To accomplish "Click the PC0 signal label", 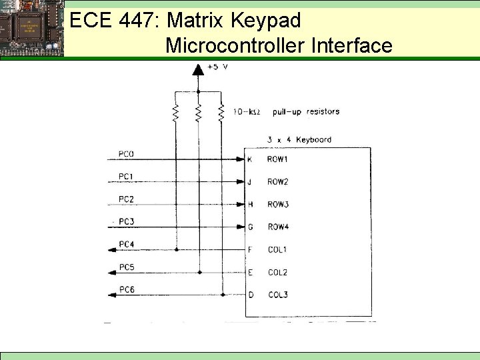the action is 126,154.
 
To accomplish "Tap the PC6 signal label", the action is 127,289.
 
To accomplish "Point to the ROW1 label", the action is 277,159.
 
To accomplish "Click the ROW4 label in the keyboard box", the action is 278,227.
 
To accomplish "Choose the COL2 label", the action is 278,272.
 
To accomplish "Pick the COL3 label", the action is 278,295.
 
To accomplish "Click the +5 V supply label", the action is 218,67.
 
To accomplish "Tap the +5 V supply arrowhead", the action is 198,69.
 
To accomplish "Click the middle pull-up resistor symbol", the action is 198,113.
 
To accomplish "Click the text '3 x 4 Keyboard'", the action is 299,139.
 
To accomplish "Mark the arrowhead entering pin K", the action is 240,159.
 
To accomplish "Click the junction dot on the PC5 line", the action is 199,272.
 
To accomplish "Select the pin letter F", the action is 250,249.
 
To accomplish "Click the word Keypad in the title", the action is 265,21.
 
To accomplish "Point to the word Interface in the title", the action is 351,45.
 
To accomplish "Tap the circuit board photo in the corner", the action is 32,28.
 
